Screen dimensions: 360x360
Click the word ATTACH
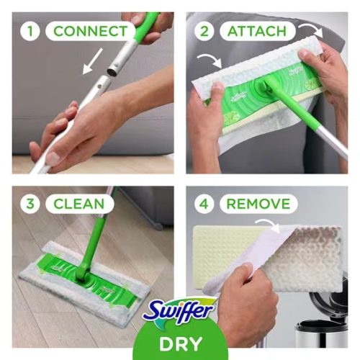(x=257, y=31)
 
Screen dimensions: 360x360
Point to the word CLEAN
(x=79, y=204)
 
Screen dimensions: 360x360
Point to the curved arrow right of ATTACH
(x=312, y=30)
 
